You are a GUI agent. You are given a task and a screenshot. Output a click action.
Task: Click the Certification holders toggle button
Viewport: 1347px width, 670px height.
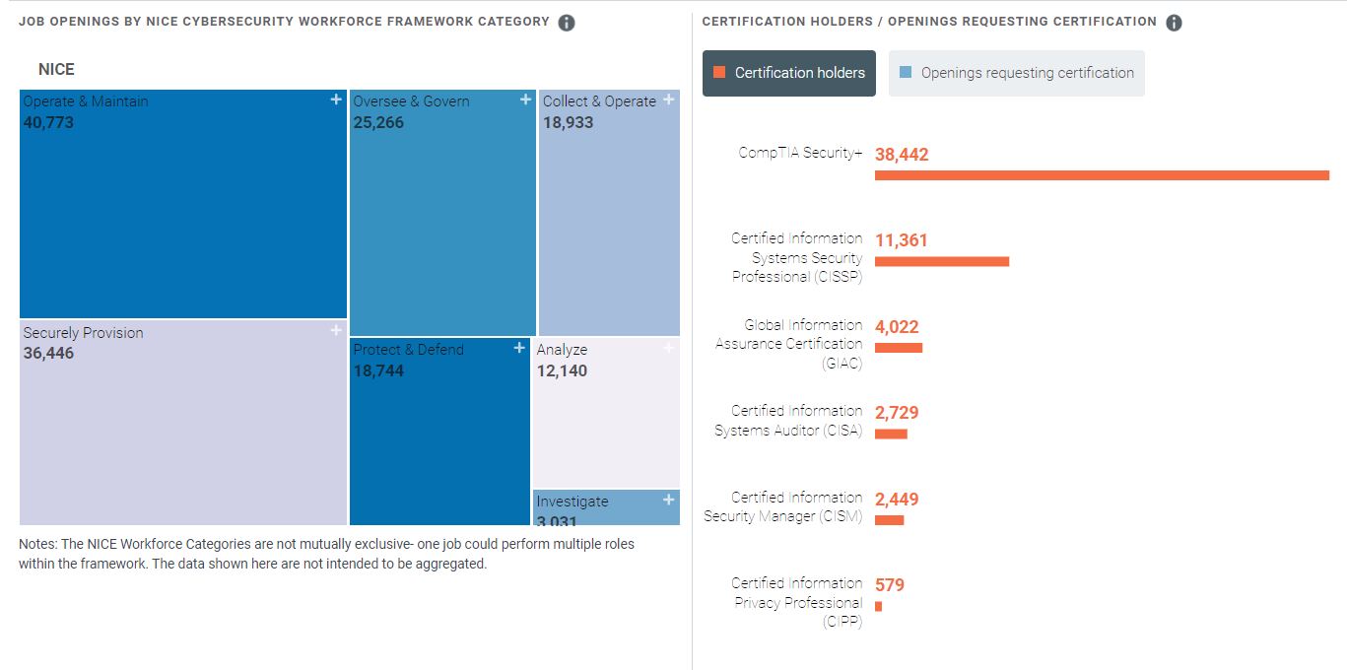click(x=788, y=73)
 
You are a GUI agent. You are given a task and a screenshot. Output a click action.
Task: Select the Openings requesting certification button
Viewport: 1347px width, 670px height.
click(x=1016, y=73)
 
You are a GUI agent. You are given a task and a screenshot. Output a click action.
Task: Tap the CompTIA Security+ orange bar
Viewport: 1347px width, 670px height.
click(x=1102, y=175)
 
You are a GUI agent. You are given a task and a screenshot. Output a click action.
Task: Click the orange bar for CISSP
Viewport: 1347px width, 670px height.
click(x=942, y=261)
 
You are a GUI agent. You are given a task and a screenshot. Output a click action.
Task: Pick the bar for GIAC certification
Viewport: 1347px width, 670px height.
click(x=899, y=348)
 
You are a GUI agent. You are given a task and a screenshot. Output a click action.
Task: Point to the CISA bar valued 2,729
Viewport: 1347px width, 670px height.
click(x=891, y=434)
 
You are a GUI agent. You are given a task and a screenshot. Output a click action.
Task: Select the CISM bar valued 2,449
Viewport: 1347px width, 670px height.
click(x=889, y=520)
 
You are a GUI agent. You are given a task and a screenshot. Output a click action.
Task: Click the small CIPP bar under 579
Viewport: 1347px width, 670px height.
click(x=878, y=606)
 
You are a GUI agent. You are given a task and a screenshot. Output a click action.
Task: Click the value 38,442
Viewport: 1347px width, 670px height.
click(x=902, y=155)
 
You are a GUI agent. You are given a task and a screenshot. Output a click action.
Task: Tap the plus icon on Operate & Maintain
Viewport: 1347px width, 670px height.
click(x=336, y=100)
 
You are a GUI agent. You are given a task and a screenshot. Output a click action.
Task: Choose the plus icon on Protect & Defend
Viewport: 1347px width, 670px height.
click(x=519, y=348)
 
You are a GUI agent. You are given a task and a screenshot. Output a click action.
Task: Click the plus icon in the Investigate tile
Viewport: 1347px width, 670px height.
click(x=669, y=500)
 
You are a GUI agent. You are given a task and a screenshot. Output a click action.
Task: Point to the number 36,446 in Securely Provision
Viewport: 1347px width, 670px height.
click(x=48, y=353)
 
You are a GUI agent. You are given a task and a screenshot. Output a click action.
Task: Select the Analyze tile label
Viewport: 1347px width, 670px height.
click(x=562, y=350)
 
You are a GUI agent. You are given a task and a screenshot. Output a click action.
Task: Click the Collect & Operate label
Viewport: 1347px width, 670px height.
click(x=599, y=101)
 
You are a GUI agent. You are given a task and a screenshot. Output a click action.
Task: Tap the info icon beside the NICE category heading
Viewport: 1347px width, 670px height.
click(x=567, y=23)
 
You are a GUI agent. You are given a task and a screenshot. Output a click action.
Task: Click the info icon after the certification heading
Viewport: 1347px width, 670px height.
click(x=1174, y=23)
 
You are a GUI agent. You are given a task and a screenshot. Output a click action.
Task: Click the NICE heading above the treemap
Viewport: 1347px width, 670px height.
click(x=56, y=70)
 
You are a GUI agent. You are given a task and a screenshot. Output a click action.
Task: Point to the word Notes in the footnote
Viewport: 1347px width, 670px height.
click(x=37, y=544)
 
